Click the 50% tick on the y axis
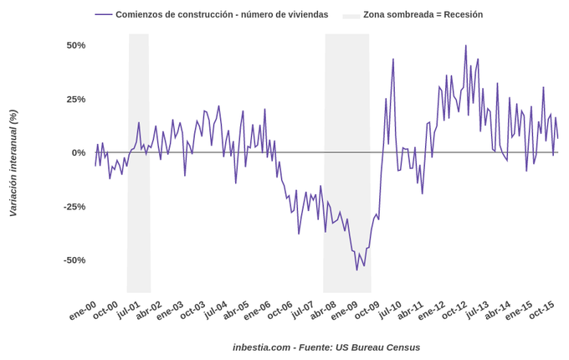click(x=76, y=45)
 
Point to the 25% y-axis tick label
click(x=76, y=99)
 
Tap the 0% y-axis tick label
click(x=79, y=152)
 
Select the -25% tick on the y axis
click(x=74, y=207)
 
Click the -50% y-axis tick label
click(x=74, y=260)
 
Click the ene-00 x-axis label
click(x=82, y=311)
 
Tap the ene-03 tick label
click(x=169, y=311)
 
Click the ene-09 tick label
click(x=344, y=311)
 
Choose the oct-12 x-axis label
click(x=454, y=311)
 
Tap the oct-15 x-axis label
click(x=541, y=311)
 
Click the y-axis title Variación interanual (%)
click(x=13, y=163)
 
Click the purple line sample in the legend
click(x=104, y=14)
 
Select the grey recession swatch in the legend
click(x=351, y=15)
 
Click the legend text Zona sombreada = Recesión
click(x=423, y=14)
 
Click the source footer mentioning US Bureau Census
click(x=326, y=347)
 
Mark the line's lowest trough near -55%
click(x=356, y=270)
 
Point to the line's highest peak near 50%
click(x=466, y=46)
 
